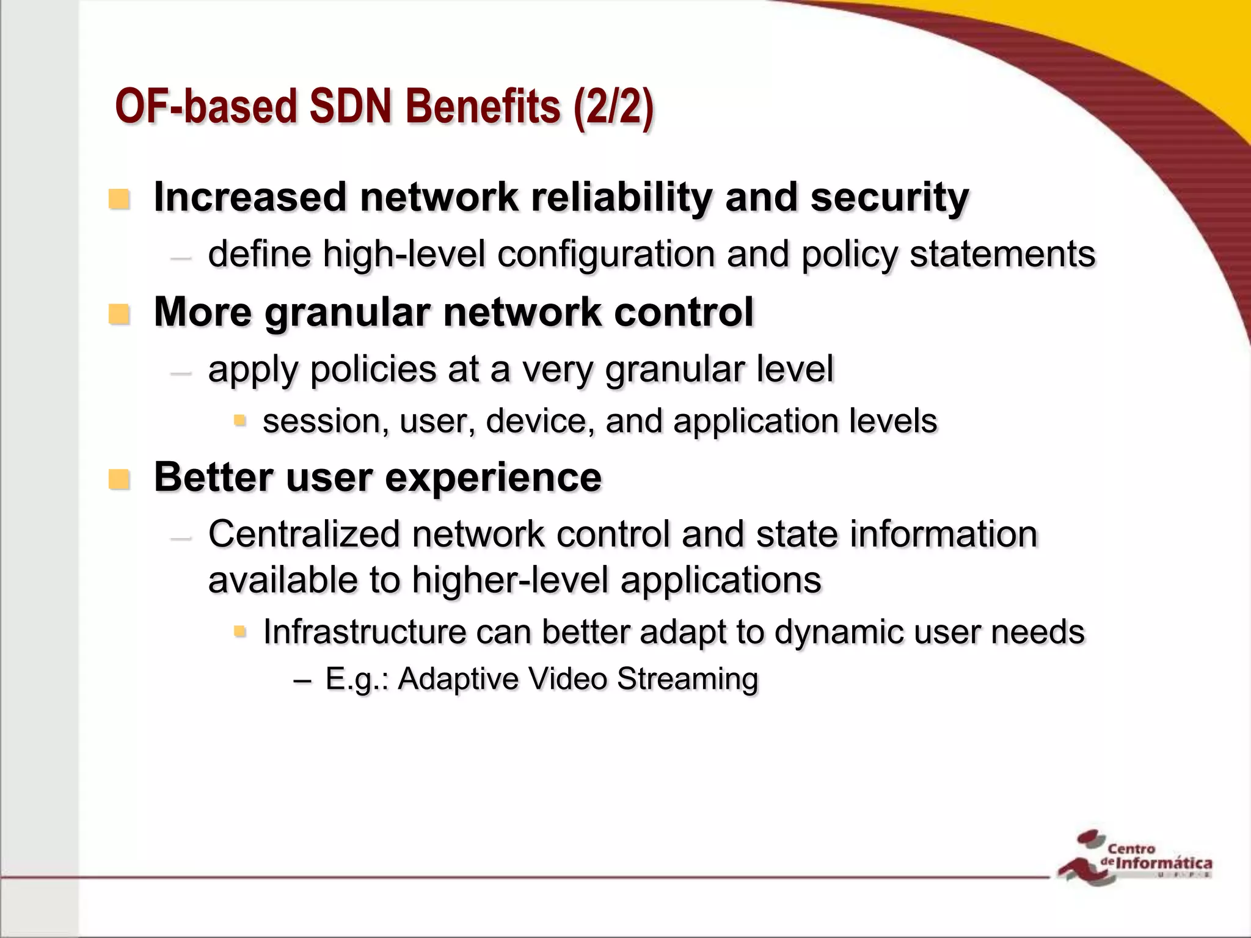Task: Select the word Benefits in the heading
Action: [x=483, y=107]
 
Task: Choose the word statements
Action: [x=1002, y=254]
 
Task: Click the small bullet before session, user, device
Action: [x=239, y=420]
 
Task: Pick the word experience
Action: [x=493, y=479]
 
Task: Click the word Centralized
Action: [x=304, y=534]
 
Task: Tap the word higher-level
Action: [x=510, y=580]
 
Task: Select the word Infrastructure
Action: [x=364, y=632]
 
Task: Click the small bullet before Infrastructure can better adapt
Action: [x=239, y=630]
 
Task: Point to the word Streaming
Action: [x=687, y=679]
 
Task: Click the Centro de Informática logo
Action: [x=1135, y=857]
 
